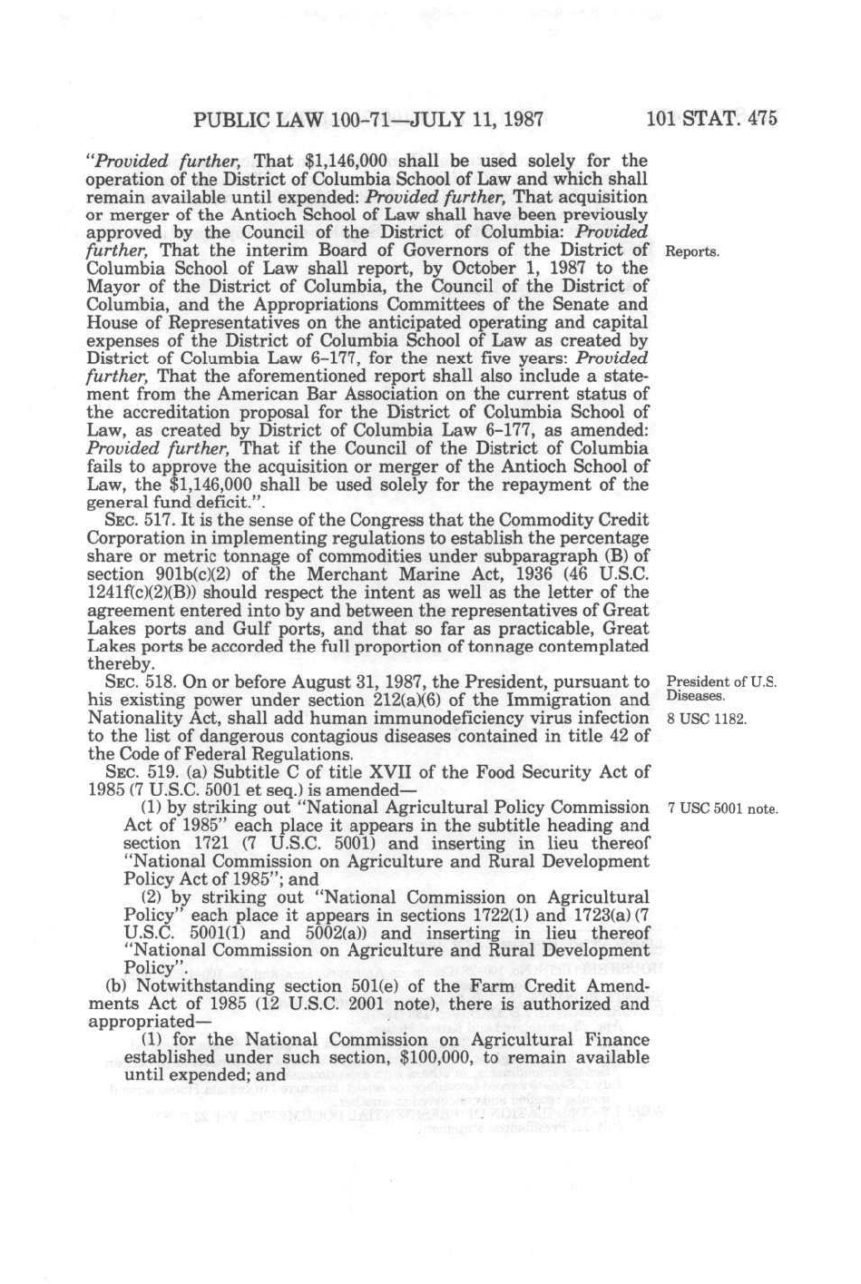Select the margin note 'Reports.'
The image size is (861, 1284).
(x=693, y=251)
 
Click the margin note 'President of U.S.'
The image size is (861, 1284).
(x=721, y=682)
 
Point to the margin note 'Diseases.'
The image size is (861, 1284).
(x=695, y=697)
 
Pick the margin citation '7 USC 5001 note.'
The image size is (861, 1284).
(x=722, y=809)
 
